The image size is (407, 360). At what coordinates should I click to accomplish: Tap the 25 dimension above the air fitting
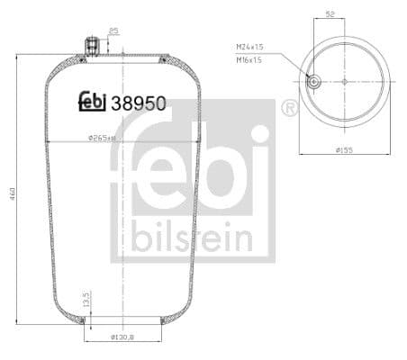(x=113, y=31)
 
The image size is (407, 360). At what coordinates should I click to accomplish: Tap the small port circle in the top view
(x=313, y=81)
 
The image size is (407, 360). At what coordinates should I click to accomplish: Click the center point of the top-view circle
(x=344, y=81)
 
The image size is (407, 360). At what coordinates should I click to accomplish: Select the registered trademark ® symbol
(x=289, y=109)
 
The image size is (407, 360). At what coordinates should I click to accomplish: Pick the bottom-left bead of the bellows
(x=83, y=319)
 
